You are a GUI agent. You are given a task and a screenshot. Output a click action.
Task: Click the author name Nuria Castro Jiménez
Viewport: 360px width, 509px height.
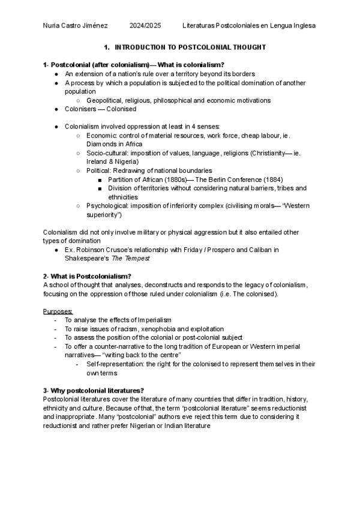pyautogui.click(x=76, y=26)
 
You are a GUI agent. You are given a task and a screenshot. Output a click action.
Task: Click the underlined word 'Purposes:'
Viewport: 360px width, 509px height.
pyautogui.click(x=58, y=311)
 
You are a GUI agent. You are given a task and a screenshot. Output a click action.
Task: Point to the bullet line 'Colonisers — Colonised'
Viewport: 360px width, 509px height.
pyautogui.click(x=100, y=109)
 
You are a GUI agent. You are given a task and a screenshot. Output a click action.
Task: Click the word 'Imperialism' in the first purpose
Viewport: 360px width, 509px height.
pyautogui.click(x=152, y=320)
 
